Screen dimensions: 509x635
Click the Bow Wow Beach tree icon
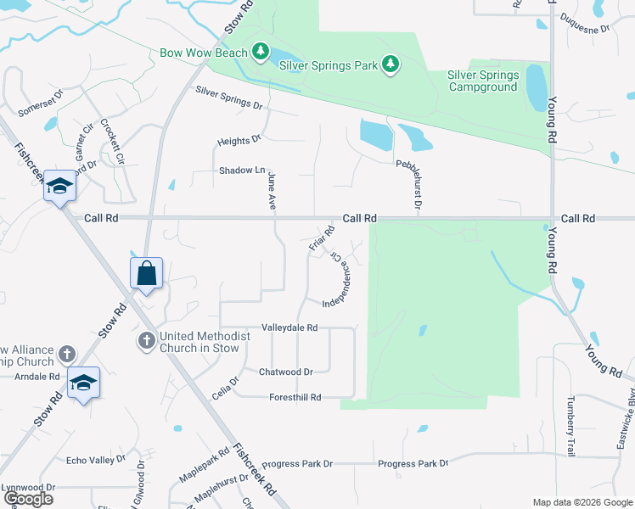(261, 53)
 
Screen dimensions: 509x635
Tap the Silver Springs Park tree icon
(391, 64)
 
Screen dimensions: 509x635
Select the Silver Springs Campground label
(483, 81)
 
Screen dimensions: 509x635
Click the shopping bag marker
(146, 274)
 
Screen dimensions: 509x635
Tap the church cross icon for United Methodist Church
(146, 342)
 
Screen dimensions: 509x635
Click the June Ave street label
(272, 191)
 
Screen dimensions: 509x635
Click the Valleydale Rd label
(289, 327)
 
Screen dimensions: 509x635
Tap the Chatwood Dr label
(286, 372)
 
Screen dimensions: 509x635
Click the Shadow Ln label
(242, 171)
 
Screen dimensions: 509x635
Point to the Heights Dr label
(238, 141)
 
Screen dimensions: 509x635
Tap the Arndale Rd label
(30, 376)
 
